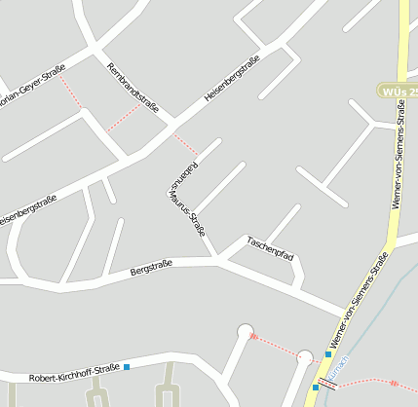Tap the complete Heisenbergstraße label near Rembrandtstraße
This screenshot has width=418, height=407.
[x=232, y=81]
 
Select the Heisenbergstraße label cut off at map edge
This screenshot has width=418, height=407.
[x=27, y=210]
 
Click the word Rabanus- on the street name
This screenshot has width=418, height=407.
[x=176, y=174]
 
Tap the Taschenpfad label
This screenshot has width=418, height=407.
[x=270, y=248]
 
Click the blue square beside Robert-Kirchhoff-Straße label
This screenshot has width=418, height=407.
[x=127, y=367]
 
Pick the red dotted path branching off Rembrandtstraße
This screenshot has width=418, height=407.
[x=123, y=118]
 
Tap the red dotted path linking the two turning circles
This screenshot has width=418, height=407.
[x=275, y=344]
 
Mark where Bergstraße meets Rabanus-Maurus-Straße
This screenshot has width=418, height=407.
[x=216, y=261]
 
